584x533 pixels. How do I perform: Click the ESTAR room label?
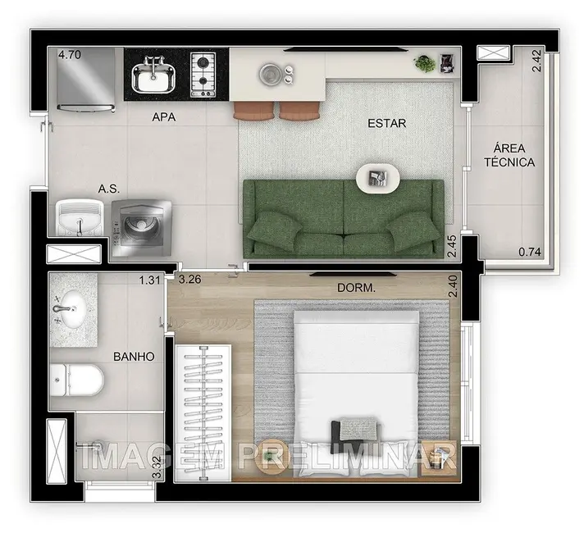pyautogui.click(x=387, y=125)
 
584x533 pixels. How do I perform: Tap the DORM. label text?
pyautogui.click(x=356, y=289)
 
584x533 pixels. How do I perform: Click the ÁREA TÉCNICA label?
pyautogui.click(x=514, y=155)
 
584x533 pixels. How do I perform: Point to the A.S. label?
pyautogui.click(x=109, y=189)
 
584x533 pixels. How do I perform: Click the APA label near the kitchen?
pyautogui.click(x=164, y=116)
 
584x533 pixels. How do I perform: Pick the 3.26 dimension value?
pyautogui.click(x=190, y=280)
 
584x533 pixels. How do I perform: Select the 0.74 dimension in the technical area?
pyautogui.click(x=528, y=252)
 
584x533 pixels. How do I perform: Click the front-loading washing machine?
pyautogui.click(x=144, y=223)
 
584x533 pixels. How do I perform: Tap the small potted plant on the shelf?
pyautogui.click(x=426, y=62)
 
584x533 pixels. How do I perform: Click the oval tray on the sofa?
pyautogui.click(x=378, y=177)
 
